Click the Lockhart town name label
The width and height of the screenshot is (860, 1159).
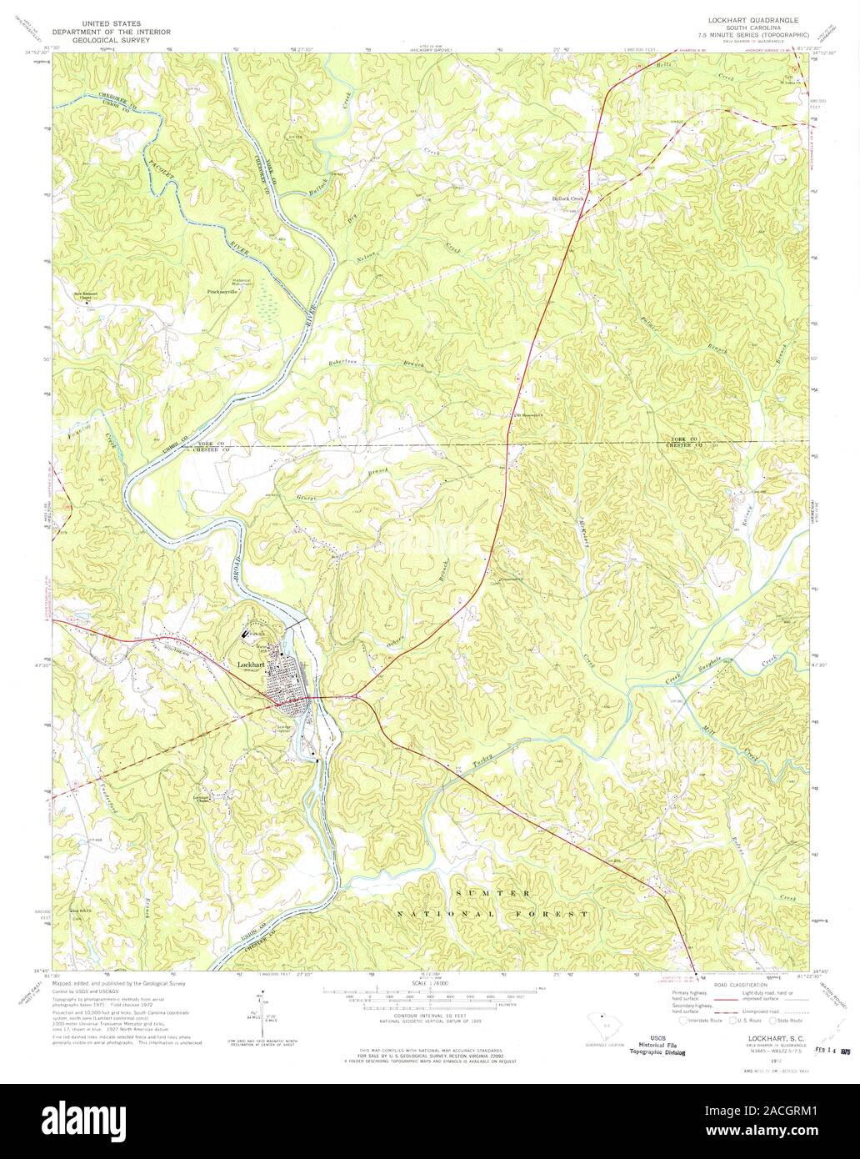(x=251, y=664)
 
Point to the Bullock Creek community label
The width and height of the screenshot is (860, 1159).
(x=569, y=199)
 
